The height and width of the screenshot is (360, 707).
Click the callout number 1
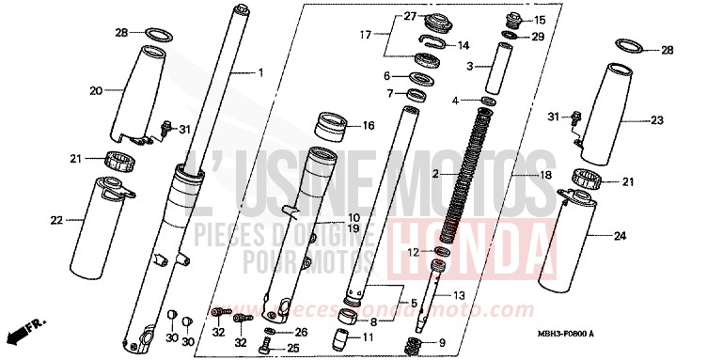coord(261,72)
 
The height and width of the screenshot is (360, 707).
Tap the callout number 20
coord(95,90)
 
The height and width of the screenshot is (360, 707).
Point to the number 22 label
coord(55,221)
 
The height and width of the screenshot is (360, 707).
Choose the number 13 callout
coord(460,296)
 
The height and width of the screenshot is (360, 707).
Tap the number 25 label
coord(292,349)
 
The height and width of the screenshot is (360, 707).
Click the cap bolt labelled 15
coord(512,18)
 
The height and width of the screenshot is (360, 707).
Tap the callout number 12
coord(414,252)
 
